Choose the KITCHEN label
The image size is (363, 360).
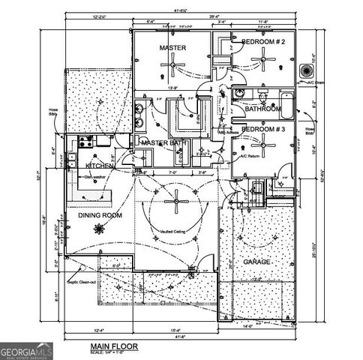pos(100,166)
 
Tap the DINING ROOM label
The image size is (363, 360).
pos(100,215)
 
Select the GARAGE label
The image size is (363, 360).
pos(258,262)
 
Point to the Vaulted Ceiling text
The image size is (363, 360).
pos(174,232)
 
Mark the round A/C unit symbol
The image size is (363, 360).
pos(307,70)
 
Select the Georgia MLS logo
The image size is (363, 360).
pos(24,351)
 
